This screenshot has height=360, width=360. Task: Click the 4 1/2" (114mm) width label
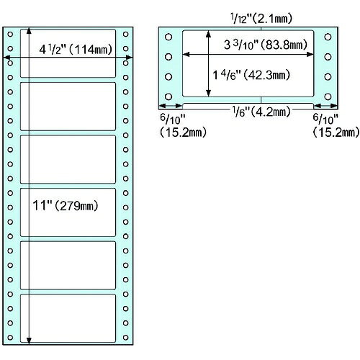76,50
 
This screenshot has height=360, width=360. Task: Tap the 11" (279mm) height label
66,206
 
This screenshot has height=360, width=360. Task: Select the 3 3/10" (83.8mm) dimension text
266,45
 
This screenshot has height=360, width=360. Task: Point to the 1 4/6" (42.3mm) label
251,75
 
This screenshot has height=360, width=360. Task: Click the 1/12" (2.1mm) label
261,19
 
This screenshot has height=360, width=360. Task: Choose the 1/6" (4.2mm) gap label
261,112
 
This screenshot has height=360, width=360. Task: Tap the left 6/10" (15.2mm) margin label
183,125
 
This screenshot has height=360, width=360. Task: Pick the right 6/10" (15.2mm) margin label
336,125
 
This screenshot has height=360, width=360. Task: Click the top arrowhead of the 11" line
29,30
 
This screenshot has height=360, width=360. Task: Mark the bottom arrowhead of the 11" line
29,341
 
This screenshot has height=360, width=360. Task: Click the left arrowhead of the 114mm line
6,58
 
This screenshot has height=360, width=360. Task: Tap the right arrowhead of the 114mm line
129,58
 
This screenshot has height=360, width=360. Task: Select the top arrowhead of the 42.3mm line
209,34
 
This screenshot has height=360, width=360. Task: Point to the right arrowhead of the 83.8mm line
310,55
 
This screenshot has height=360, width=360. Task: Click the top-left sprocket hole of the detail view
168,37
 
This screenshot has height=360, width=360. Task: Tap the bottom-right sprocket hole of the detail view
328,96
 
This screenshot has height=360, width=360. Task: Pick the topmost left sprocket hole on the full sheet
10,34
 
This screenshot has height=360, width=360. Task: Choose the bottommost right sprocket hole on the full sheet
125,338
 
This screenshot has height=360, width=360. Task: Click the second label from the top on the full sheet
68,107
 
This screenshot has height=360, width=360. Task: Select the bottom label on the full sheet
68,318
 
